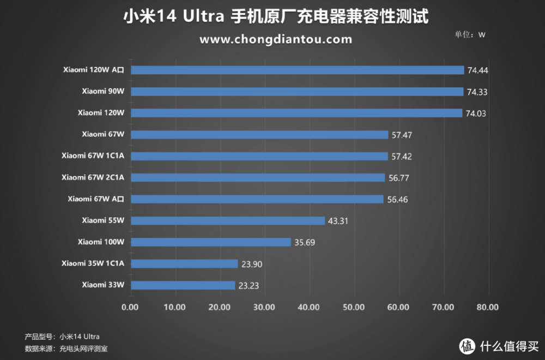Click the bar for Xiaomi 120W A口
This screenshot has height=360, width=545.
(x=297, y=70)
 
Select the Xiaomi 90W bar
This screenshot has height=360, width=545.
(x=297, y=92)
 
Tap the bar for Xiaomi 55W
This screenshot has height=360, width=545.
(x=228, y=221)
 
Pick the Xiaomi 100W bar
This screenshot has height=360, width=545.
(x=211, y=242)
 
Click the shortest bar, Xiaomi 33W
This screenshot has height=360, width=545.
(x=183, y=285)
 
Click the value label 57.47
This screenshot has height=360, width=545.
(x=402, y=135)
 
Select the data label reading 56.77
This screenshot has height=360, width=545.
(x=398, y=178)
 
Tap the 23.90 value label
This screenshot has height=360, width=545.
(x=251, y=264)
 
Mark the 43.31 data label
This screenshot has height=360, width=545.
(x=338, y=221)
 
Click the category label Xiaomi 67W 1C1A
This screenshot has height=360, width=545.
(x=93, y=156)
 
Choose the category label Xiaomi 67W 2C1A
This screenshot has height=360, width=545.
(x=93, y=177)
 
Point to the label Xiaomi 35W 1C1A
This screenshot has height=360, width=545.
(x=93, y=263)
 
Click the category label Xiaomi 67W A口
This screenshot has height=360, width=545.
(x=96, y=199)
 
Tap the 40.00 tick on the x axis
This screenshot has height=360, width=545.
(x=309, y=307)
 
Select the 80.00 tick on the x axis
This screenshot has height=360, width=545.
(x=487, y=307)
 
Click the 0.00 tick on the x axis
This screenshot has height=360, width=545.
(x=131, y=307)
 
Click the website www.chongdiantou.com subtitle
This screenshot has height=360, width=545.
(x=276, y=39)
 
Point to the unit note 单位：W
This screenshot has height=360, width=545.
(x=470, y=34)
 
